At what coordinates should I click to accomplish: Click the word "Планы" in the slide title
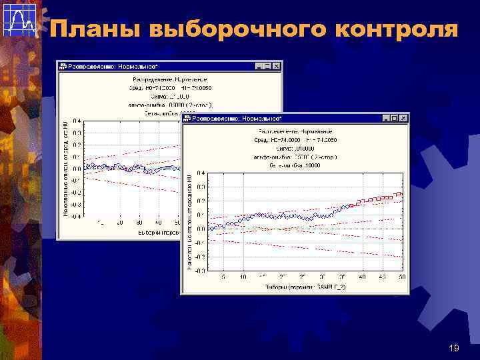pos(95,30)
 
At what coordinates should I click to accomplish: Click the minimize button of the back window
pos(258,66)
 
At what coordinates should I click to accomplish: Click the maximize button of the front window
pos(395,117)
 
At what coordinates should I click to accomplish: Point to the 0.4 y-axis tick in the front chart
pos(201,173)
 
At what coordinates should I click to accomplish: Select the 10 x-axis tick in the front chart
pos(243,277)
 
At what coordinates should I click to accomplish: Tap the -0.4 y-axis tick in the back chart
pos(76,215)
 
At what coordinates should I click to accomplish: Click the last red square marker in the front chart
pos(401,195)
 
